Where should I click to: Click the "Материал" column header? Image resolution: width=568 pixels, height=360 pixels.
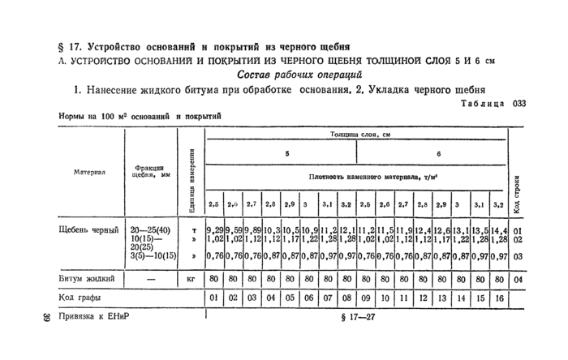pyautogui.click(x=90, y=172)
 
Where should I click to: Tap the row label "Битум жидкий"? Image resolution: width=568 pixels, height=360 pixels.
pyautogui.click(x=87, y=278)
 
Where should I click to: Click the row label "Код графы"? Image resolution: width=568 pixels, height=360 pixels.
pyautogui.click(x=80, y=296)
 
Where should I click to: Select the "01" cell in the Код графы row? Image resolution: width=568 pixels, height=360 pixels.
pyautogui.click(x=214, y=297)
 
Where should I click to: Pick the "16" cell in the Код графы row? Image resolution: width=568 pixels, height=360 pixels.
pyautogui.click(x=500, y=297)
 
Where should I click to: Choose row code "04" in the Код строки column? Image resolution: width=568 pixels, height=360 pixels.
pyautogui.click(x=518, y=278)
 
